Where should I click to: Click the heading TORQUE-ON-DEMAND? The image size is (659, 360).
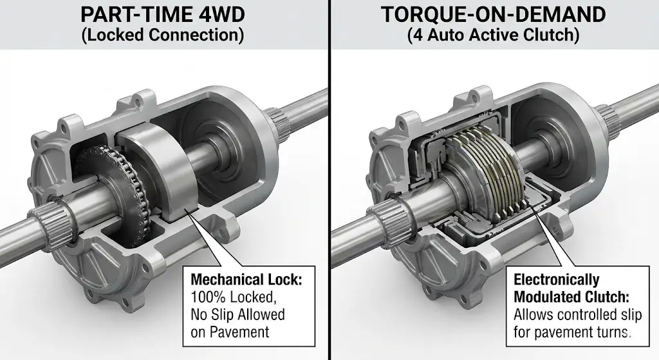coord(494,14)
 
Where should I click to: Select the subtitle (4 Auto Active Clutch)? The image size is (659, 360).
coord(494,35)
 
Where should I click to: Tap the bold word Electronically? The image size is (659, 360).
coord(556,280)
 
